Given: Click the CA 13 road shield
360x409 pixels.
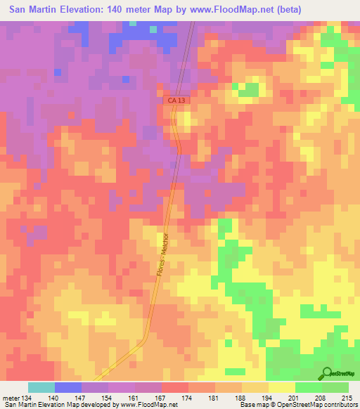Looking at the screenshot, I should point(177,102).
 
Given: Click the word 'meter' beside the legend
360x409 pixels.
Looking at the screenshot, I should point(11,398).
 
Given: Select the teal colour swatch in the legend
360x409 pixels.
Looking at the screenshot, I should point(41,387).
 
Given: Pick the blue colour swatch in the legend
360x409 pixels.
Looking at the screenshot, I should point(68,387).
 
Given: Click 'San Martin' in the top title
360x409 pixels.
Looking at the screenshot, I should point(28,8).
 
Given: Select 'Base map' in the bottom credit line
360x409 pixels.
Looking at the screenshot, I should point(250,405).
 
